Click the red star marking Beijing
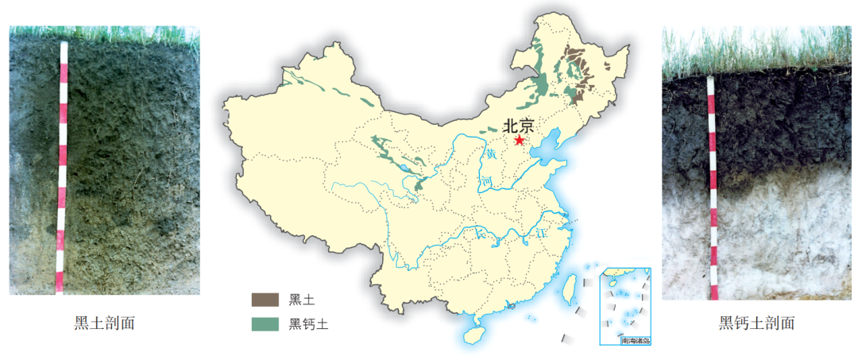[x=519, y=141]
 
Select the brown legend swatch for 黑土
[x=265, y=300]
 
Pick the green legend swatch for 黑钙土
[x=265, y=323]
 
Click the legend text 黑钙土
[x=309, y=324]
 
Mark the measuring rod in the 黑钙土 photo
[x=713, y=187]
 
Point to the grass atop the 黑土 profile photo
[x=103, y=34]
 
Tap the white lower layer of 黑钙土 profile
[x=779, y=238]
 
